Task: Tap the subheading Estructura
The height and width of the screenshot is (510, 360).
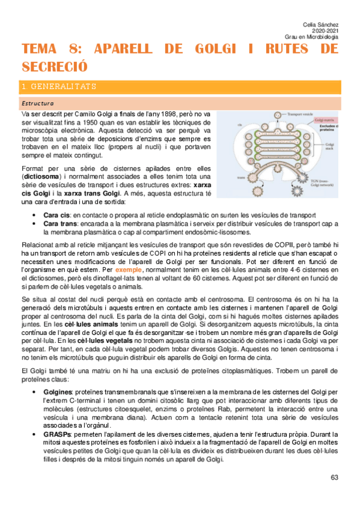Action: point(37,103)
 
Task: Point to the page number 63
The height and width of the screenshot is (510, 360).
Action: point(335,478)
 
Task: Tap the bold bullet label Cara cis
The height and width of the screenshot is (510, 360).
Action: point(58,215)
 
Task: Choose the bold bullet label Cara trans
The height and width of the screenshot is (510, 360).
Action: point(61,224)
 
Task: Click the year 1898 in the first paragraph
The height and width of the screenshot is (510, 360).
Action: point(160,114)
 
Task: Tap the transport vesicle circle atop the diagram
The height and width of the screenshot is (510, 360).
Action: point(275,112)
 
